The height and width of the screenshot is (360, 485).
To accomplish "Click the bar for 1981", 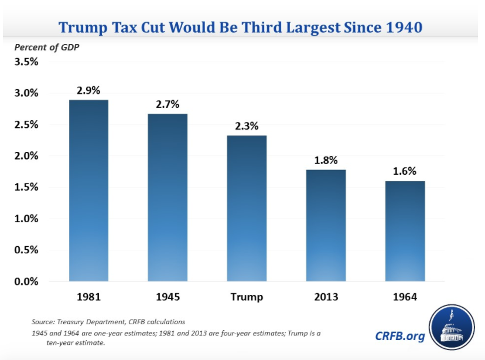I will click(x=88, y=191).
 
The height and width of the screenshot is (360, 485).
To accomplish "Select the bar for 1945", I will click(x=168, y=197).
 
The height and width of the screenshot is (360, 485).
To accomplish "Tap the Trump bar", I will click(x=247, y=208).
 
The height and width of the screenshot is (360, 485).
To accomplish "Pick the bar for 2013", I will click(x=326, y=225).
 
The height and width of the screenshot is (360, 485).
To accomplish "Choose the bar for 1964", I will click(x=405, y=231).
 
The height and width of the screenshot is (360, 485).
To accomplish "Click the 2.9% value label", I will click(x=88, y=90).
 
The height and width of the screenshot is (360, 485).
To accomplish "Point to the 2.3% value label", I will click(x=247, y=126).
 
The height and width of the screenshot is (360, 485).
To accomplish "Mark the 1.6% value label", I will click(x=405, y=171).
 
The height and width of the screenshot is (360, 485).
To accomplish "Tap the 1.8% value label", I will click(x=326, y=160).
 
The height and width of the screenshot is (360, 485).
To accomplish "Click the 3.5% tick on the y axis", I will click(x=26, y=62).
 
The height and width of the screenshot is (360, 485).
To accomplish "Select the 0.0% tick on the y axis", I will click(x=26, y=281).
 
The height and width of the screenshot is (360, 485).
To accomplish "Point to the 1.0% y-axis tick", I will click(x=26, y=219).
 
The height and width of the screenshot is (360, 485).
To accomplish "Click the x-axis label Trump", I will click(x=247, y=297).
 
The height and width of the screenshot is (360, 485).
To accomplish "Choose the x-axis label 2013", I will click(x=326, y=297).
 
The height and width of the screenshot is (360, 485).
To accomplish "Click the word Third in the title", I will click(x=266, y=27).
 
